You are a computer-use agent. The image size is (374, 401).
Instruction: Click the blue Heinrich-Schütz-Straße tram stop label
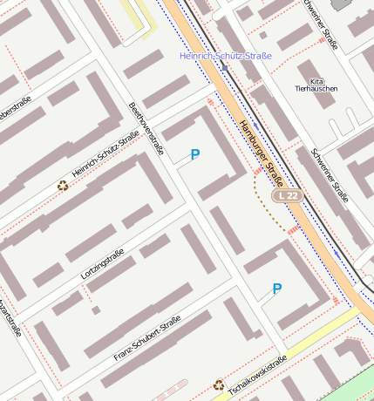click(x=225, y=56)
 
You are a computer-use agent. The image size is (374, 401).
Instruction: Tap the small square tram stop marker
click(x=225, y=68)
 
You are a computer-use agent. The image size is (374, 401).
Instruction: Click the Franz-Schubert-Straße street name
click(x=146, y=339)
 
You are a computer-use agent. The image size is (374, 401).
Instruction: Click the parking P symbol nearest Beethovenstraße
click(x=194, y=154)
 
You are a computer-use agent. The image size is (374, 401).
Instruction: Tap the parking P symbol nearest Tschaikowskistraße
click(x=277, y=289)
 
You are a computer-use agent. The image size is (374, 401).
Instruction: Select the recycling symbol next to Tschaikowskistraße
click(x=219, y=384)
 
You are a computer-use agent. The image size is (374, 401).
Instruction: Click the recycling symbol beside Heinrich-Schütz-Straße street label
click(x=62, y=185)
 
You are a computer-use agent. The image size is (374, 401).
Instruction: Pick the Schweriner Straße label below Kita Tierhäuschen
click(x=330, y=175)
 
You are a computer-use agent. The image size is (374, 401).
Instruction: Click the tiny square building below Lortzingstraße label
click(x=96, y=309)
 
